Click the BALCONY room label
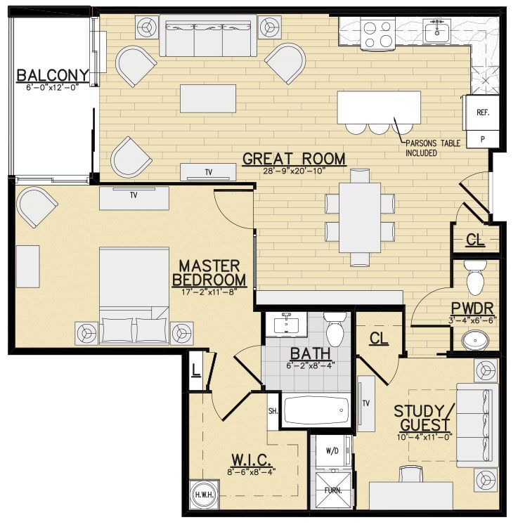pyautogui.click(x=53, y=75)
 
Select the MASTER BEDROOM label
pyautogui.click(x=209, y=273)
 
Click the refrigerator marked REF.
pyautogui.click(x=483, y=112)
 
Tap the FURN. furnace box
pyautogui.click(x=332, y=490)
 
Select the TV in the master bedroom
pyautogui.click(x=133, y=197)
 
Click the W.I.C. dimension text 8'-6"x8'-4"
pyautogui.click(x=252, y=471)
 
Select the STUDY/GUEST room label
pyautogui.click(x=424, y=418)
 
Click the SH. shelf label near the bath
pyautogui.click(x=272, y=411)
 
